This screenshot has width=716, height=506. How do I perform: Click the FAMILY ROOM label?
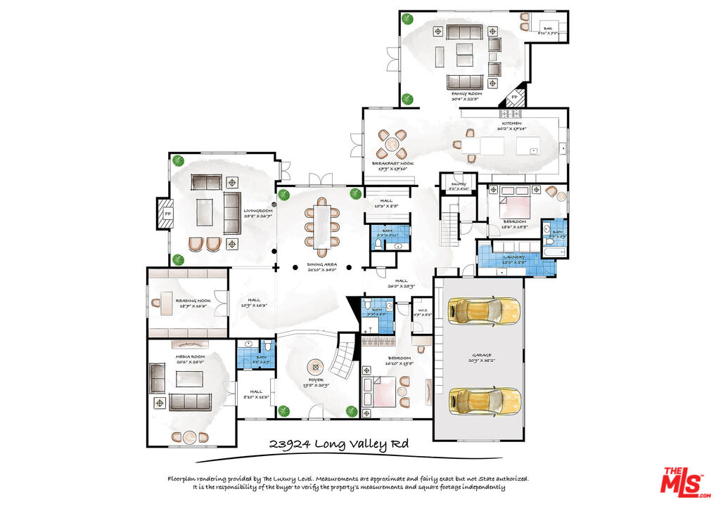click(466, 93)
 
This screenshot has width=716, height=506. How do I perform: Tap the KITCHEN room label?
click(511, 123)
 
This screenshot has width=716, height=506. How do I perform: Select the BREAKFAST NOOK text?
click(392, 163)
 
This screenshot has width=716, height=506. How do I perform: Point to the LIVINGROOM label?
click(258, 210)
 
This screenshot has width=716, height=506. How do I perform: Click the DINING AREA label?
click(321, 265)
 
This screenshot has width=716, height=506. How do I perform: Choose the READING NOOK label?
click(193, 301)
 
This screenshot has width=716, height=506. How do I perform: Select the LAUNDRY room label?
click(516, 257)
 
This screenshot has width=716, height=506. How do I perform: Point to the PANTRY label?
click(459, 184)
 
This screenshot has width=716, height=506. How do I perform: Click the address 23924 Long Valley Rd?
click(339, 444)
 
